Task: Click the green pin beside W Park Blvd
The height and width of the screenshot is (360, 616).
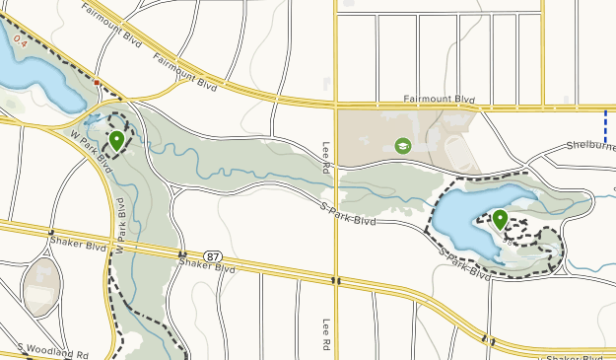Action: coord(116,141)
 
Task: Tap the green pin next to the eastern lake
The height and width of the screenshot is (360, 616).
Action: coord(501,219)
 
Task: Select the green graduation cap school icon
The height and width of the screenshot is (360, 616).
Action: coord(402,146)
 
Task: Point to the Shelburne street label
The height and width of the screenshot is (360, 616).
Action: coord(589,146)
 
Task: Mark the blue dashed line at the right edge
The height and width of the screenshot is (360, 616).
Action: coord(605,124)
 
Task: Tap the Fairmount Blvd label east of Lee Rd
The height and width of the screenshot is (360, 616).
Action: coord(440,100)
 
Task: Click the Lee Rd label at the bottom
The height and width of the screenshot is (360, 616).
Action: coord(325,336)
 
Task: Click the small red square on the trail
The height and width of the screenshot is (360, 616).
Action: coord(97,82)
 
